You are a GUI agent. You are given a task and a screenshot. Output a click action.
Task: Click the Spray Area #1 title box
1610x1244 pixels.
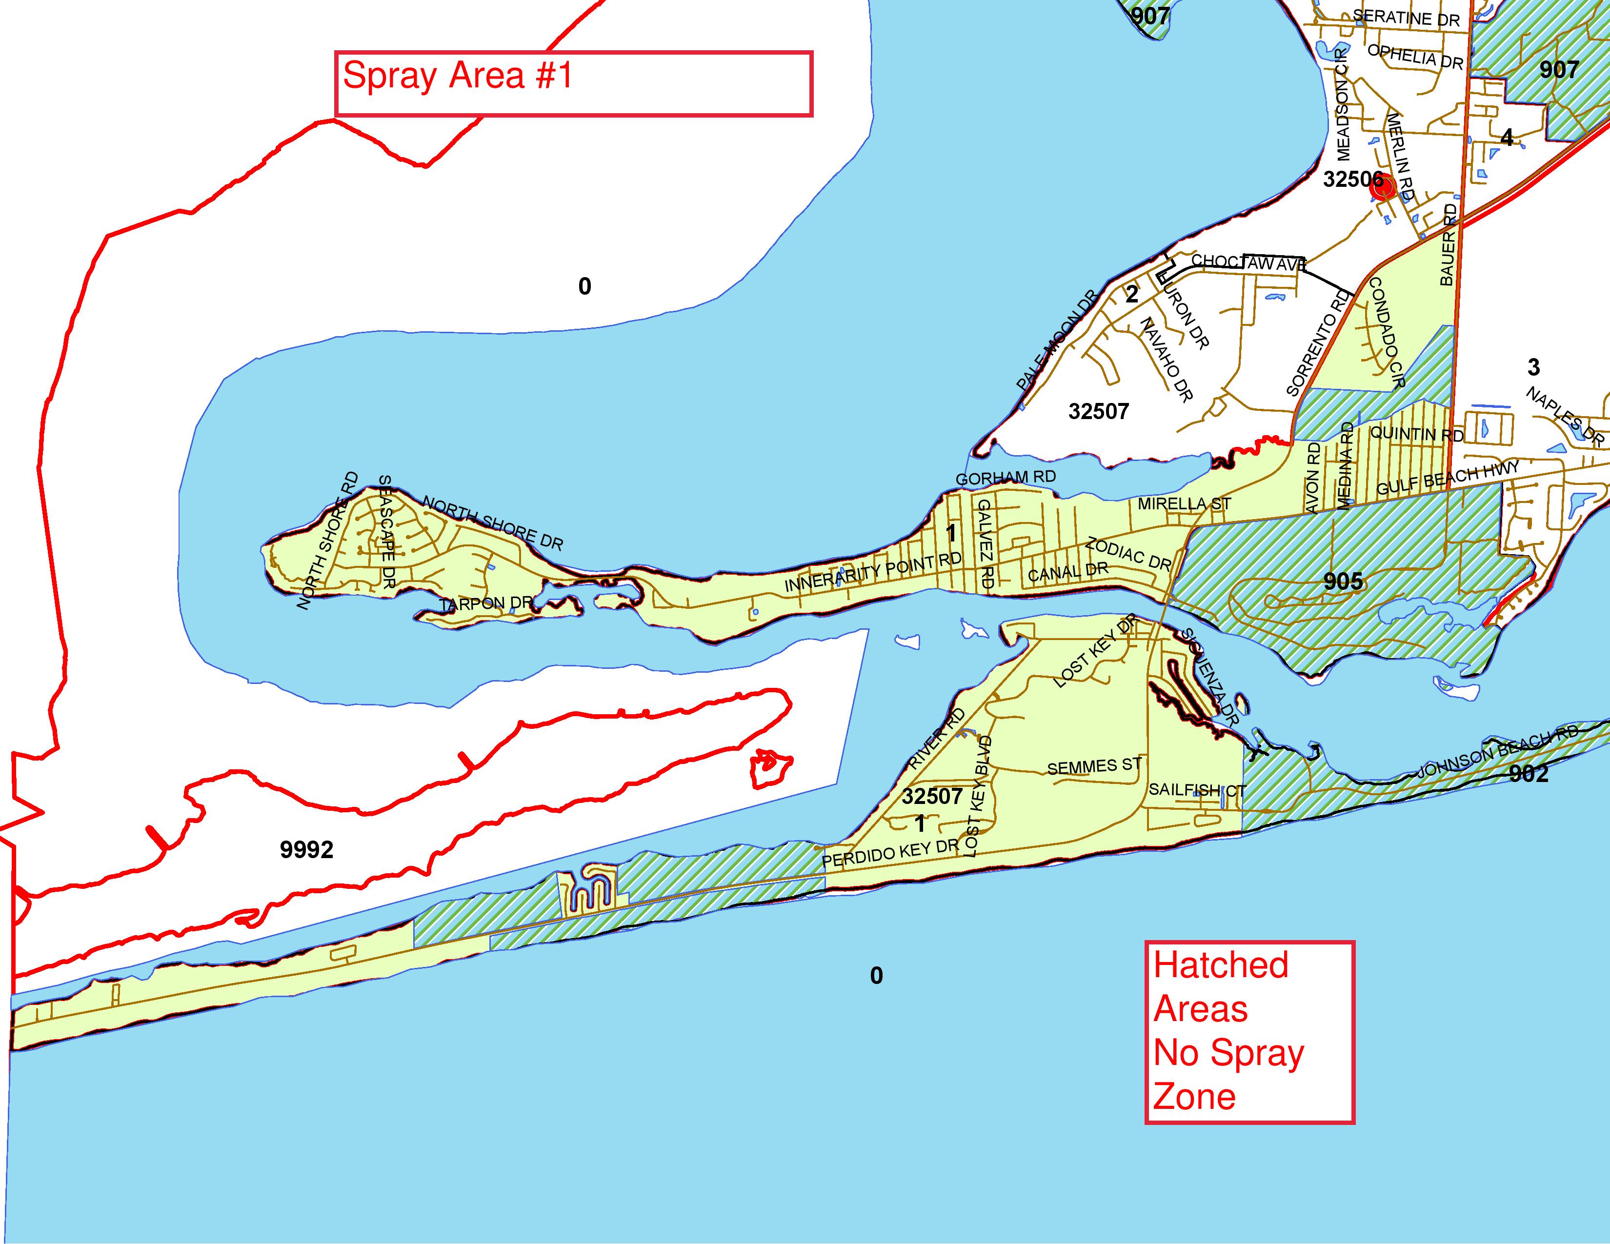[574, 83]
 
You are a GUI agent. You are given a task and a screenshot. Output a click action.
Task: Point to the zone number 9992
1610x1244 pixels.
[307, 850]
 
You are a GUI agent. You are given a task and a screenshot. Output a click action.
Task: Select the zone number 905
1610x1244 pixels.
[1343, 582]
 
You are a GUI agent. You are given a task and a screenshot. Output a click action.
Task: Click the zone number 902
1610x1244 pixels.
[1528, 773]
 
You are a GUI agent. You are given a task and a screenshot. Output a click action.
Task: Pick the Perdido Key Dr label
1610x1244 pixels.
[890, 854]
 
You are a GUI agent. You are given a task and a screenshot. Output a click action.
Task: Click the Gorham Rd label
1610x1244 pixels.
[1006, 478]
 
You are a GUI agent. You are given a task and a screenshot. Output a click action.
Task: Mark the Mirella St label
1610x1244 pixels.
[1184, 504]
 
